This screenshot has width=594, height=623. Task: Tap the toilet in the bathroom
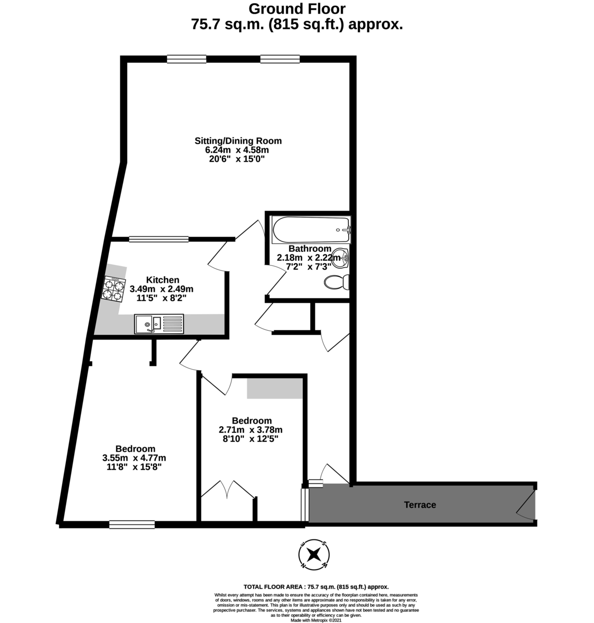[337, 282]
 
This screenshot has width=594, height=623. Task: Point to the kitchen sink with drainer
[159, 324]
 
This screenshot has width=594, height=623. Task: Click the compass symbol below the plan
[313, 554]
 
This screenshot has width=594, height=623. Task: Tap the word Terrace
[420, 505]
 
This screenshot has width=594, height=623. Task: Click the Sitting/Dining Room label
[238, 141]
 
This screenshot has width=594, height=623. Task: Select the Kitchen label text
[162, 280]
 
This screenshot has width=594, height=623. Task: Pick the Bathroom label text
[310, 249]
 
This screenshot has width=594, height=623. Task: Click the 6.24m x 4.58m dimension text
[237, 150]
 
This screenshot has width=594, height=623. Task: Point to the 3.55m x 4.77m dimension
[134, 458]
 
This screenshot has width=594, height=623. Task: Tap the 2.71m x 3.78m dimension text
[251, 430]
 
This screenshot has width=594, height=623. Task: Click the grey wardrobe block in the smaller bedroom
[274, 388]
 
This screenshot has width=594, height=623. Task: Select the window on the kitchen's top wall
[159, 239]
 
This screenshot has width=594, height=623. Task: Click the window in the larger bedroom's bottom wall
[132, 525]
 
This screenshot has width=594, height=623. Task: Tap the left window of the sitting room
[187, 59]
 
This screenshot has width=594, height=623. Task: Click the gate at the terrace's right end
[526, 504]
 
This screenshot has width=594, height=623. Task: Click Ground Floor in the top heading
[297, 9]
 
